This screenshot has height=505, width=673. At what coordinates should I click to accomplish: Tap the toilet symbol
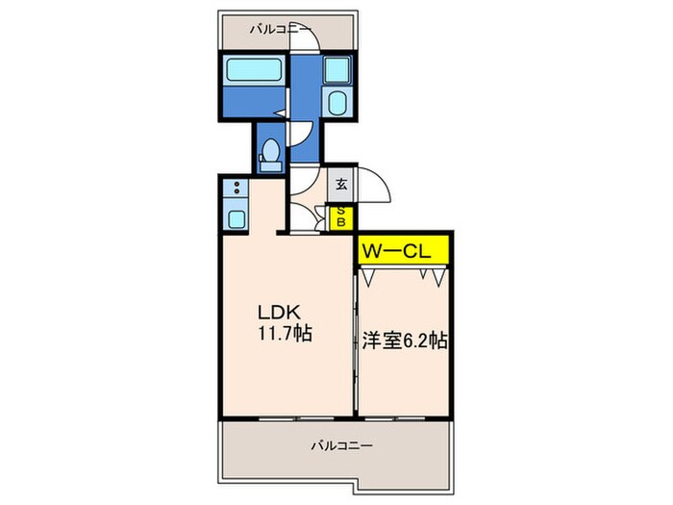click(271, 155)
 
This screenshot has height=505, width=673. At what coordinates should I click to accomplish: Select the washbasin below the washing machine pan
click(337, 104)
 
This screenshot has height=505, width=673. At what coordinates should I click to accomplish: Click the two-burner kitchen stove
click(236, 189)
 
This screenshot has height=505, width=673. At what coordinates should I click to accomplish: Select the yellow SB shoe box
click(341, 219)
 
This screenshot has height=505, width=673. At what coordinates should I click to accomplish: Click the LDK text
click(279, 312)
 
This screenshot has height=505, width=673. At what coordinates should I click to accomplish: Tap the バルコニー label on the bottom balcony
click(341, 446)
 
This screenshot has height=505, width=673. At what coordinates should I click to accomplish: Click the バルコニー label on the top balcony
click(279, 29)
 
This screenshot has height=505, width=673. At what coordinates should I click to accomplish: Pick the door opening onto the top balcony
click(306, 38)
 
